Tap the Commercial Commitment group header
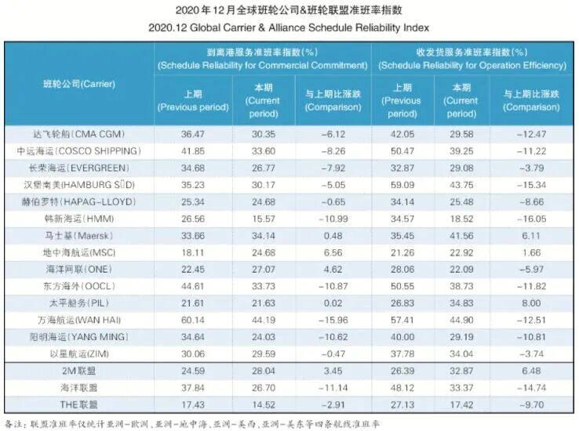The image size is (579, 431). coord(261,57)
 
